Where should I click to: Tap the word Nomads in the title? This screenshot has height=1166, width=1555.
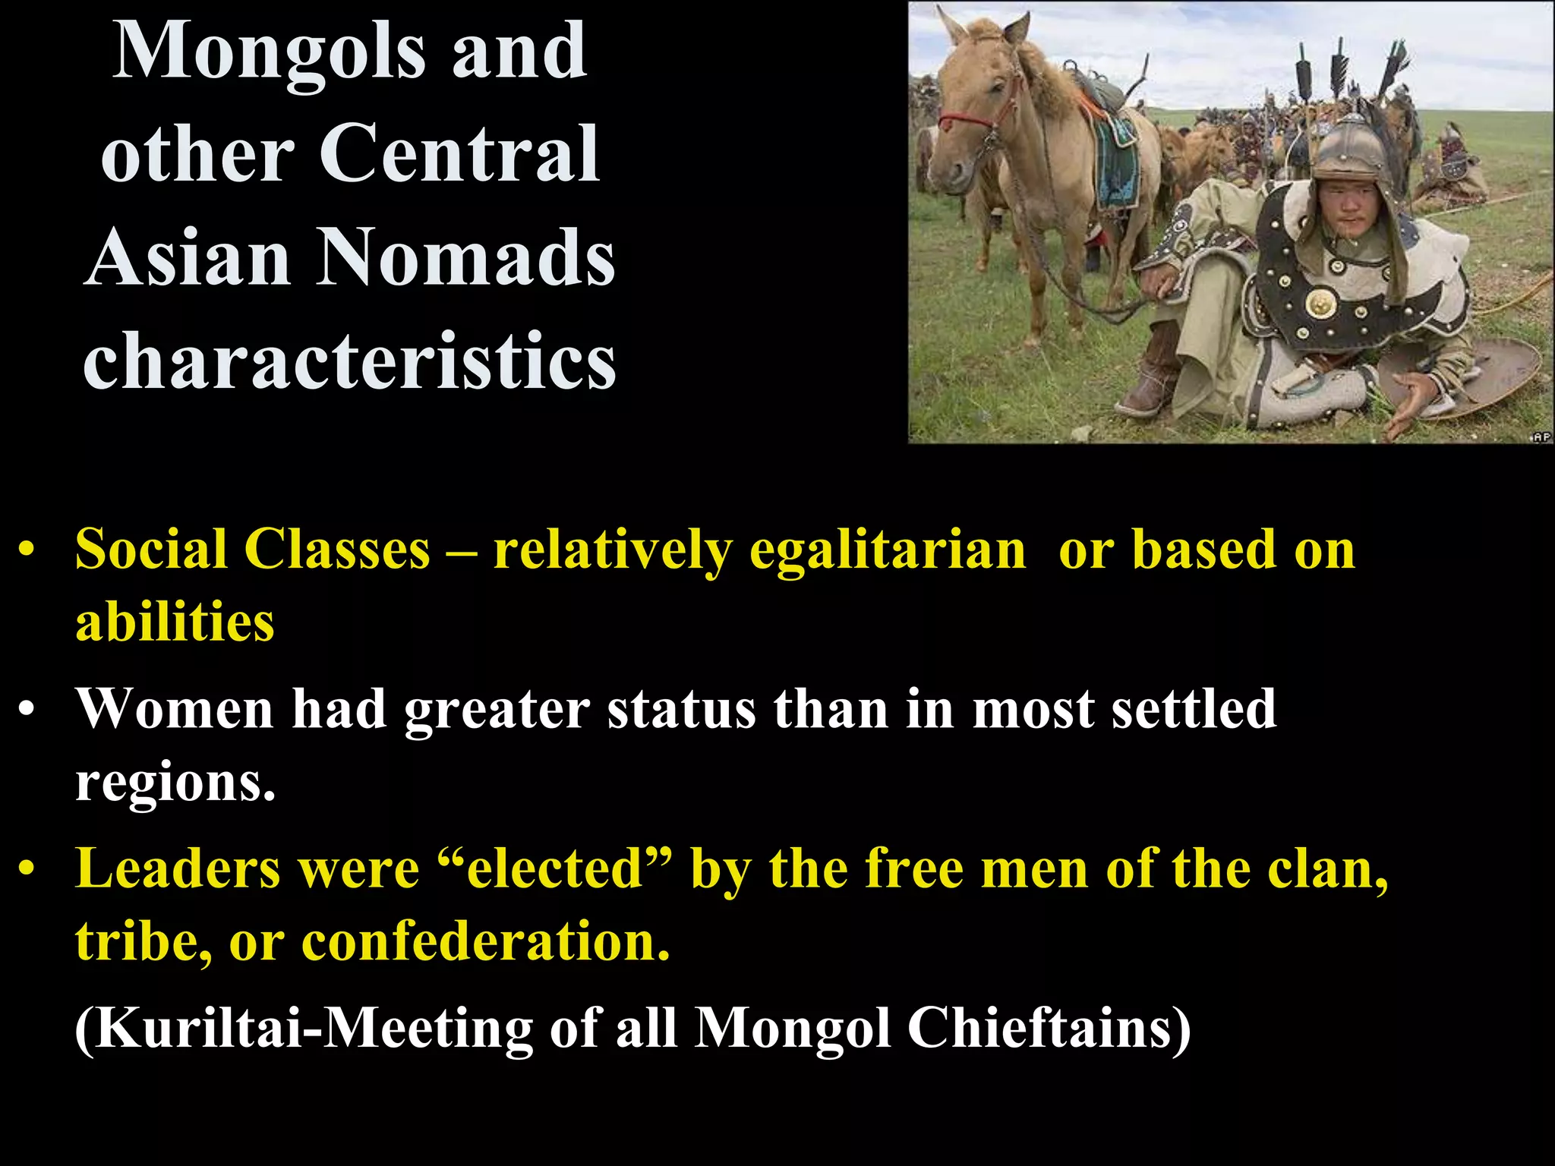[465, 258]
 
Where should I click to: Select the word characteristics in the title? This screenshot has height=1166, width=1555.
[350, 361]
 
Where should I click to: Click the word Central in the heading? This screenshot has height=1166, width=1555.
[459, 155]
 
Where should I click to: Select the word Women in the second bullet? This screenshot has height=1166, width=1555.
[175, 709]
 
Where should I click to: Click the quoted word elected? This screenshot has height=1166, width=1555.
[556, 869]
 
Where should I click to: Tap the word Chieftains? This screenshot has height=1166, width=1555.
[1048, 1029]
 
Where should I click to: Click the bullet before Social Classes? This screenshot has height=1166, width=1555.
[27, 551]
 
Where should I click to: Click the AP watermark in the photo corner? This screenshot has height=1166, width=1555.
[1541, 436]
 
